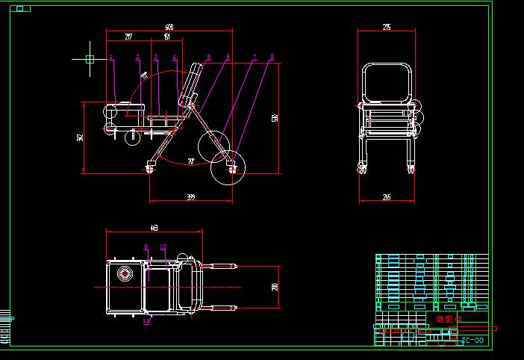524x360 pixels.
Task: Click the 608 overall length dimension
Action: (169, 28)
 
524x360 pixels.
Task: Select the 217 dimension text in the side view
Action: (128, 36)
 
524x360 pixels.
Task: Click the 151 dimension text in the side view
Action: (166, 36)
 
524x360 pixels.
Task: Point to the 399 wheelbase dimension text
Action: (190, 197)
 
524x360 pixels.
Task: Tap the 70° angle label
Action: (191, 161)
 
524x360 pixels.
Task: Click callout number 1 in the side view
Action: (110, 57)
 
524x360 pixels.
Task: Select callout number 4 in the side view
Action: (175, 57)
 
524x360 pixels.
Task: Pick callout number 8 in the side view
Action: (272, 57)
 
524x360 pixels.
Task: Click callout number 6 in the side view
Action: (228, 57)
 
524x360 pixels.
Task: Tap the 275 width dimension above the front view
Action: (386, 28)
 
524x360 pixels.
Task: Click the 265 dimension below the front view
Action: (386, 197)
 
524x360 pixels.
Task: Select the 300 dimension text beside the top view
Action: (275, 287)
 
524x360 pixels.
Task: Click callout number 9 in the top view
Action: (146, 246)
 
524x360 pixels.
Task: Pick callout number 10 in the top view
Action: (163, 246)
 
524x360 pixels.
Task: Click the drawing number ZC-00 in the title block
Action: (472, 341)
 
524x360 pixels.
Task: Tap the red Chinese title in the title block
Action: (449, 319)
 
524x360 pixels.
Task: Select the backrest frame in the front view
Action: (387, 82)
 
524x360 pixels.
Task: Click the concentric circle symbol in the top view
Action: (124, 273)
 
